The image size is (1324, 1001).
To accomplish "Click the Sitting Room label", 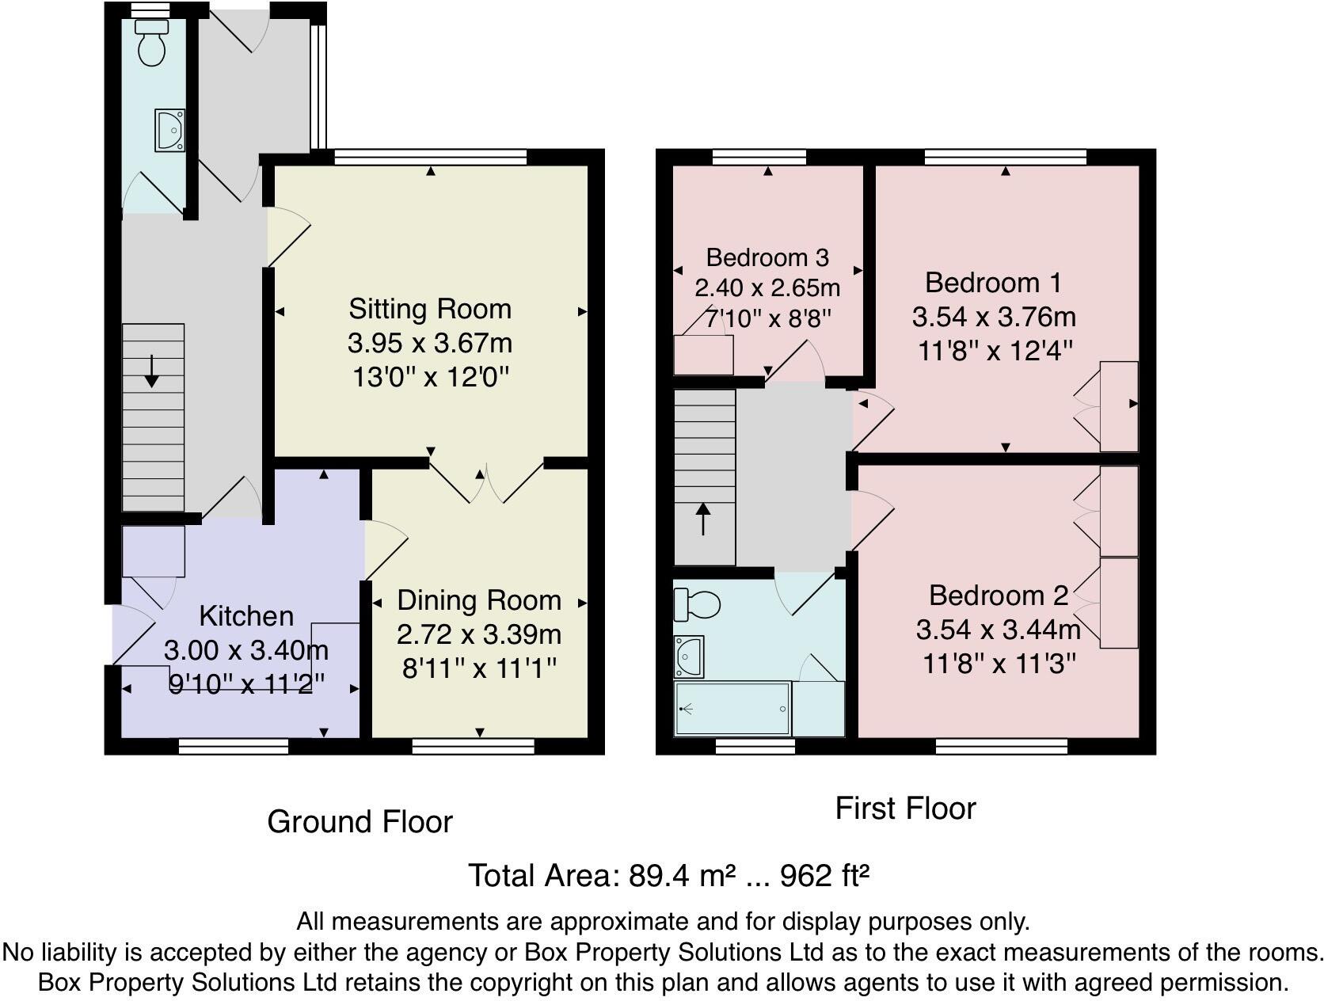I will (430, 309).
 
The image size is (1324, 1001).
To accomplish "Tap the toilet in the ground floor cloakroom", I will (150, 44).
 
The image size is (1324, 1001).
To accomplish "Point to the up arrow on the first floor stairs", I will (703, 520).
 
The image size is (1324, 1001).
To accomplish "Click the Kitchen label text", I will (246, 616).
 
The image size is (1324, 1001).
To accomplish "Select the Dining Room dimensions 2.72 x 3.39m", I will (479, 634).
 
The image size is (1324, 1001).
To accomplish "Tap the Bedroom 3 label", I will (767, 257).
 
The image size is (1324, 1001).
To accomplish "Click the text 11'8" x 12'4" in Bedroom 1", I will (995, 350).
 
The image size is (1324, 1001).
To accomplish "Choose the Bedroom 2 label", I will (998, 596).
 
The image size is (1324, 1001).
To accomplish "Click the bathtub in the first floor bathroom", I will (732, 709).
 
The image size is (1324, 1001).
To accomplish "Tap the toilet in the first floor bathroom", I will (697, 606).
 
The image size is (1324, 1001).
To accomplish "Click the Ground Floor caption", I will (360, 822).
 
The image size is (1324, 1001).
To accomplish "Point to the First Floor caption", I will (905, 809).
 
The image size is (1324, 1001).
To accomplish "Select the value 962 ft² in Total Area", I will (825, 876).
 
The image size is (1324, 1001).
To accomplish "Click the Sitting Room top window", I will (430, 157).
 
